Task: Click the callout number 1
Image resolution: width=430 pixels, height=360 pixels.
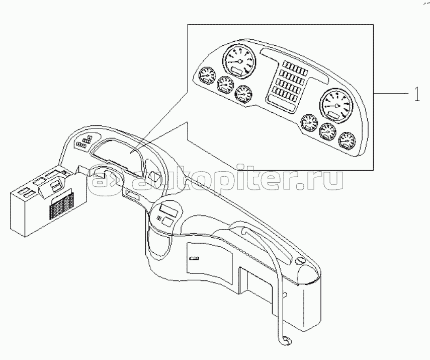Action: click(416, 94)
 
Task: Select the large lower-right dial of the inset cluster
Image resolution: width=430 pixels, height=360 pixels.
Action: click(336, 106)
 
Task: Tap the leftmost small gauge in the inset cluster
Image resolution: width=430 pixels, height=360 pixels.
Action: click(207, 76)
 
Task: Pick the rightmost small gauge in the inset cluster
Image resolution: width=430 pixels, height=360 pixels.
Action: click(347, 140)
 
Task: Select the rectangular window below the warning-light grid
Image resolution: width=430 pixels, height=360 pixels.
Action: click(280, 101)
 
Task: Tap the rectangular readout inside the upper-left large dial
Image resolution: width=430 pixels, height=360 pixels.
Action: click(236, 71)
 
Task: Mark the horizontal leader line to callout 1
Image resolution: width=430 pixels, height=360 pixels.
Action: click(392, 93)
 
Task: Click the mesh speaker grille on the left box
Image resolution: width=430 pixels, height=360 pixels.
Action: click(61, 206)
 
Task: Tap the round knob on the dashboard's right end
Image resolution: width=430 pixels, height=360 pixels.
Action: click(300, 261)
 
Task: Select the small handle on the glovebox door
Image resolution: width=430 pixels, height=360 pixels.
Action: click(195, 258)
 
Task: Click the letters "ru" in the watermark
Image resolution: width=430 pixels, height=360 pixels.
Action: click(328, 181)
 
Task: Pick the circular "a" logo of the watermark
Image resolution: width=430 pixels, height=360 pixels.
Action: click(105, 180)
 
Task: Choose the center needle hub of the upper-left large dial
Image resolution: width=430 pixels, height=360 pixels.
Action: click(240, 61)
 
